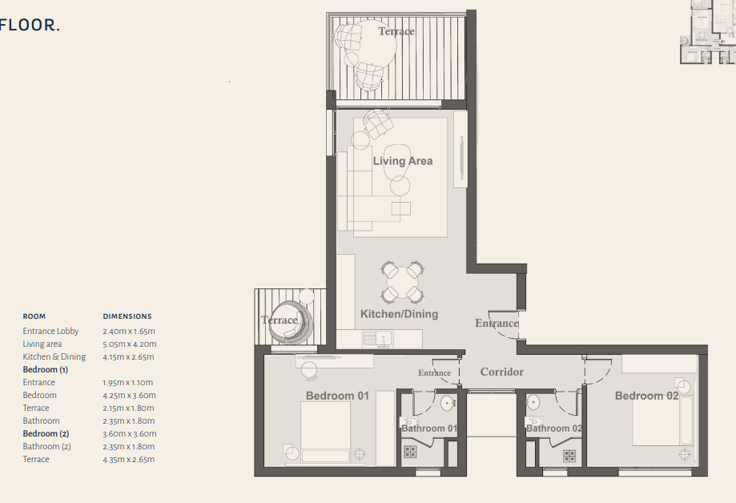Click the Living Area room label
pos(403,161)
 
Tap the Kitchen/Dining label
pos(399,314)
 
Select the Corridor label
pos(502,372)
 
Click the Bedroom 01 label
pos(337,396)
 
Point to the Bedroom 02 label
pos(646,396)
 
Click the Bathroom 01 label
pos(429,429)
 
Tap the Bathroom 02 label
pos(554,429)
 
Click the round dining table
pos(403,282)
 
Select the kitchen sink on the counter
pos(378,339)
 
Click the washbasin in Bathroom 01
pos(448,403)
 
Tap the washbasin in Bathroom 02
pos(533,403)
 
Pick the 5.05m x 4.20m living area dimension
pos(130,344)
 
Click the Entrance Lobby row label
pos(50,331)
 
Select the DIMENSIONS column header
pos(127,316)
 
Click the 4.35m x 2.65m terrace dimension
pos(129,459)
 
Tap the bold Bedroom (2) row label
pos(46,434)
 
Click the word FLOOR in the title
pos(27,25)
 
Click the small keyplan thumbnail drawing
pos(708,32)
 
